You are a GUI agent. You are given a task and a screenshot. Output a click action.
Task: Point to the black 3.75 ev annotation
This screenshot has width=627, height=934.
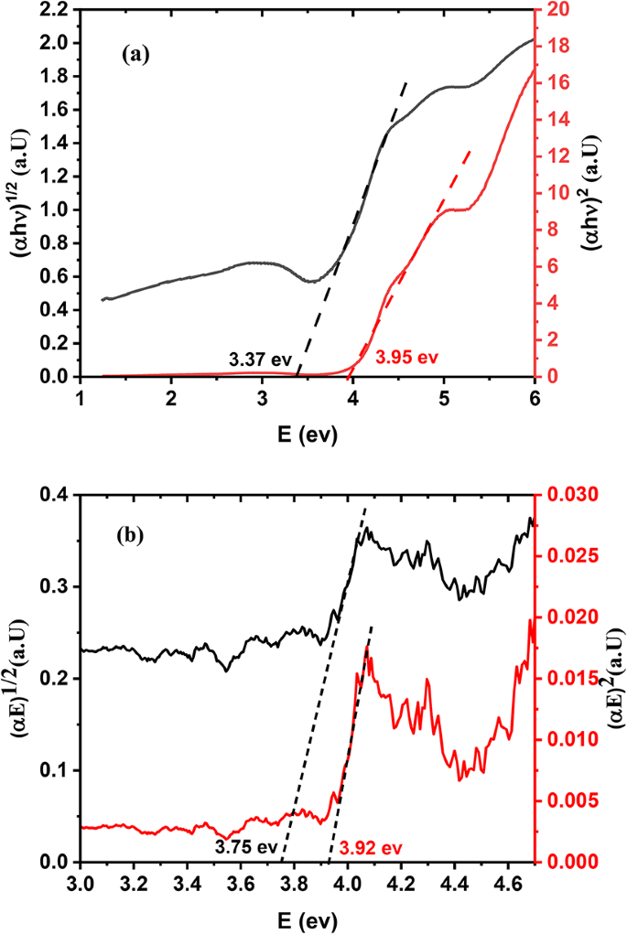(246, 845)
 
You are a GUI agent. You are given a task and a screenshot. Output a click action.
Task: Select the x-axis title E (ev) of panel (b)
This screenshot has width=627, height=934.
(307, 916)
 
